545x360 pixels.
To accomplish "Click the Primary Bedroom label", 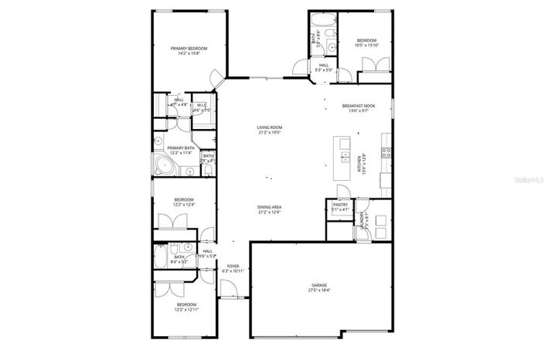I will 189,49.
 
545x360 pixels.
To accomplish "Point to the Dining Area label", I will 269,207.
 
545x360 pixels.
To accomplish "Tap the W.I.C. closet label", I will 201,106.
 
